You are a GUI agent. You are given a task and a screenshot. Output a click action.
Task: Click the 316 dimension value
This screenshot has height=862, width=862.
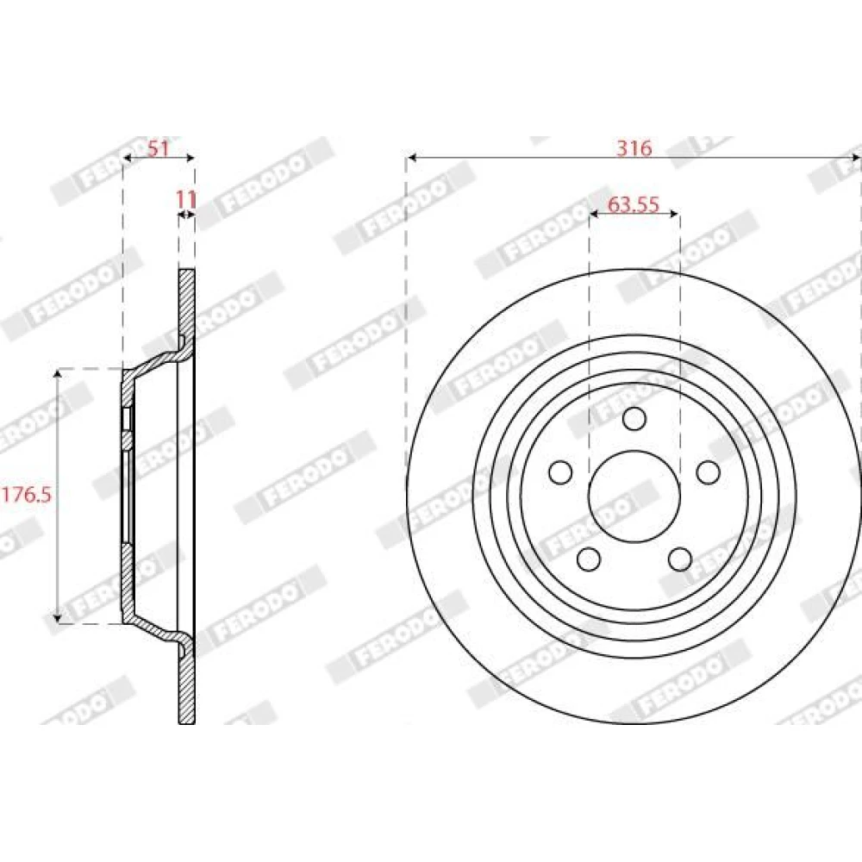(x=634, y=148)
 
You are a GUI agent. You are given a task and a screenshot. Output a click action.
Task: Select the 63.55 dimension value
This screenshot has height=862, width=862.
(x=634, y=204)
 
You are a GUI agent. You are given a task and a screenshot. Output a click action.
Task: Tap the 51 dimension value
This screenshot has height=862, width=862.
(x=159, y=148)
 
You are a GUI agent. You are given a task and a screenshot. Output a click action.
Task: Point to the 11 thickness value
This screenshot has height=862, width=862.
(x=186, y=199)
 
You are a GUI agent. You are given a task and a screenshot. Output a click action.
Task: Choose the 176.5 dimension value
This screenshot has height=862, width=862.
(x=26, y=495)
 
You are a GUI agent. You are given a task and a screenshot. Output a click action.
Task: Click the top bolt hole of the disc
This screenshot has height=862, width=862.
(x=634, y=418)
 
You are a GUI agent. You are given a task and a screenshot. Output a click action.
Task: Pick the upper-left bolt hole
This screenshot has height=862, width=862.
(x=561, y=472)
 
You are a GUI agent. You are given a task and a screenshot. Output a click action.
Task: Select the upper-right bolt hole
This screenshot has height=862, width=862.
(x=708, y=472)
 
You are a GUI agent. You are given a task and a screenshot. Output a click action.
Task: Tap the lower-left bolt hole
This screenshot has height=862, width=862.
(x=589, y=559)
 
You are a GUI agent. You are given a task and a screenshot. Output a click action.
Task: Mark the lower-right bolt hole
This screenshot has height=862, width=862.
(x=680, y=559)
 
